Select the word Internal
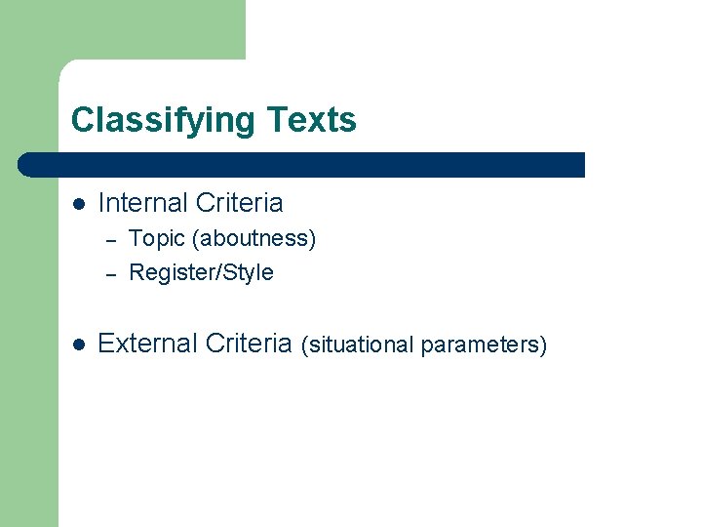(x=142, y=203)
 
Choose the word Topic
(x=156, y=238)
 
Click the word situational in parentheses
(x=358, y=345)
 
